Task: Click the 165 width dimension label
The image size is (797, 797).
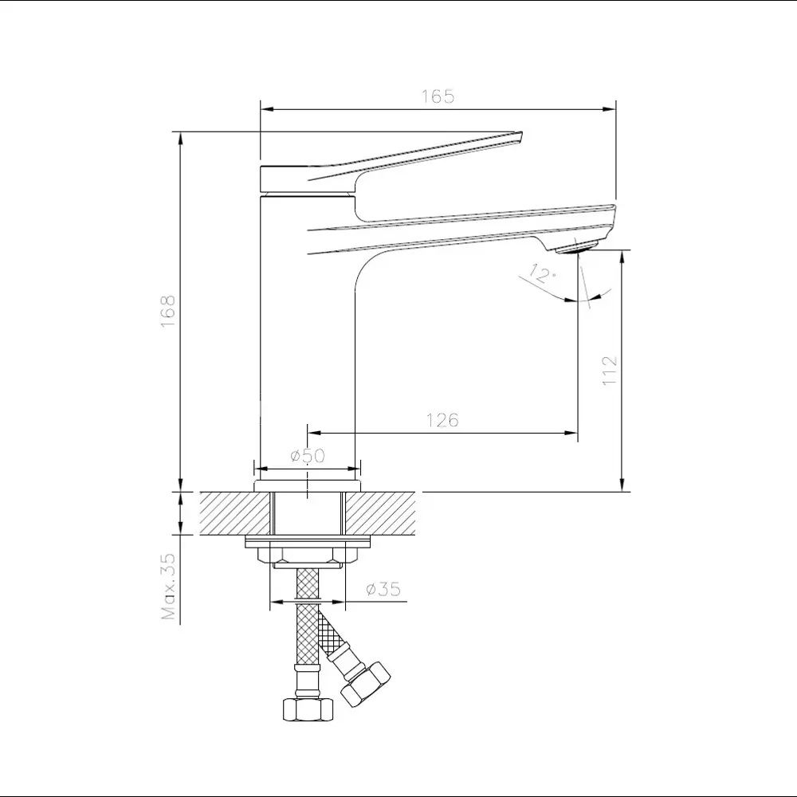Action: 438,96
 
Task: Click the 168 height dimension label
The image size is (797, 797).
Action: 167,311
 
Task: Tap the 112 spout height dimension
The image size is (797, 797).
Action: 610,370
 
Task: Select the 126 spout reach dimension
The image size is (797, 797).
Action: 442,420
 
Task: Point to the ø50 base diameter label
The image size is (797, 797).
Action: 308,455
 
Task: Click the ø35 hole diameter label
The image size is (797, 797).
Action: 383,589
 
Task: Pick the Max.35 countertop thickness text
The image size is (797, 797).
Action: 168,586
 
